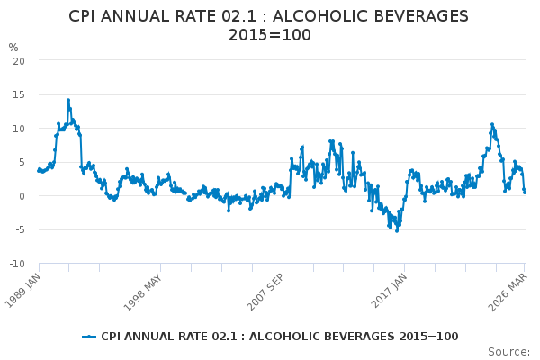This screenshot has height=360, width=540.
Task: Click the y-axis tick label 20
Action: click(x=19, y=61)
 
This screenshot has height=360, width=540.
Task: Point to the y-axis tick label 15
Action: click(x=19, y=94)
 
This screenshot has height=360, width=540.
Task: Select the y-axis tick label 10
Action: click(x=19, y=129)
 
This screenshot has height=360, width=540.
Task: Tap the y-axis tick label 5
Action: click(x=22, y=162)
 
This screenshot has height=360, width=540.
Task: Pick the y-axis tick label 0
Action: click(x=22, y=196)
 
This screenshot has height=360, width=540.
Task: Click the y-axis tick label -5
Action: click(x=21, y=229)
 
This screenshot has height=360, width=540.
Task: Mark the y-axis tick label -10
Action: click(x=17, y=264)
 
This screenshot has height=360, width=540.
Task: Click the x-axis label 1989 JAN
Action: click(x=23, y=290)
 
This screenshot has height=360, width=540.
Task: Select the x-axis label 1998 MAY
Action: click(x=142, y=292)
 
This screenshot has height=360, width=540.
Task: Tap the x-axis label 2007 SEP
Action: click(x=265, y=292)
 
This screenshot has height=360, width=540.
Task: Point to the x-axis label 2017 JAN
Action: click(x=389, y=291)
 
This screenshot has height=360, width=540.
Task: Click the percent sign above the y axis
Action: click(x=13, y=48)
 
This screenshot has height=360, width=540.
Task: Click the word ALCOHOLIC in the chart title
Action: click(x=319, y=16)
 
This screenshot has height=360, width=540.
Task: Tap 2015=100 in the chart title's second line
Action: click(x=270, y=35)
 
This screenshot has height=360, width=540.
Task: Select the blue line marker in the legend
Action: click(x=89, y=337)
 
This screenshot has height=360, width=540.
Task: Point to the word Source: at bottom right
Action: click(x=508, y=352)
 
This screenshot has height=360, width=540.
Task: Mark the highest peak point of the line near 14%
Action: click(x=68, y=100)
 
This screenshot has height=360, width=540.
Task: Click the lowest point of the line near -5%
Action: click(x=397, y=231)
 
